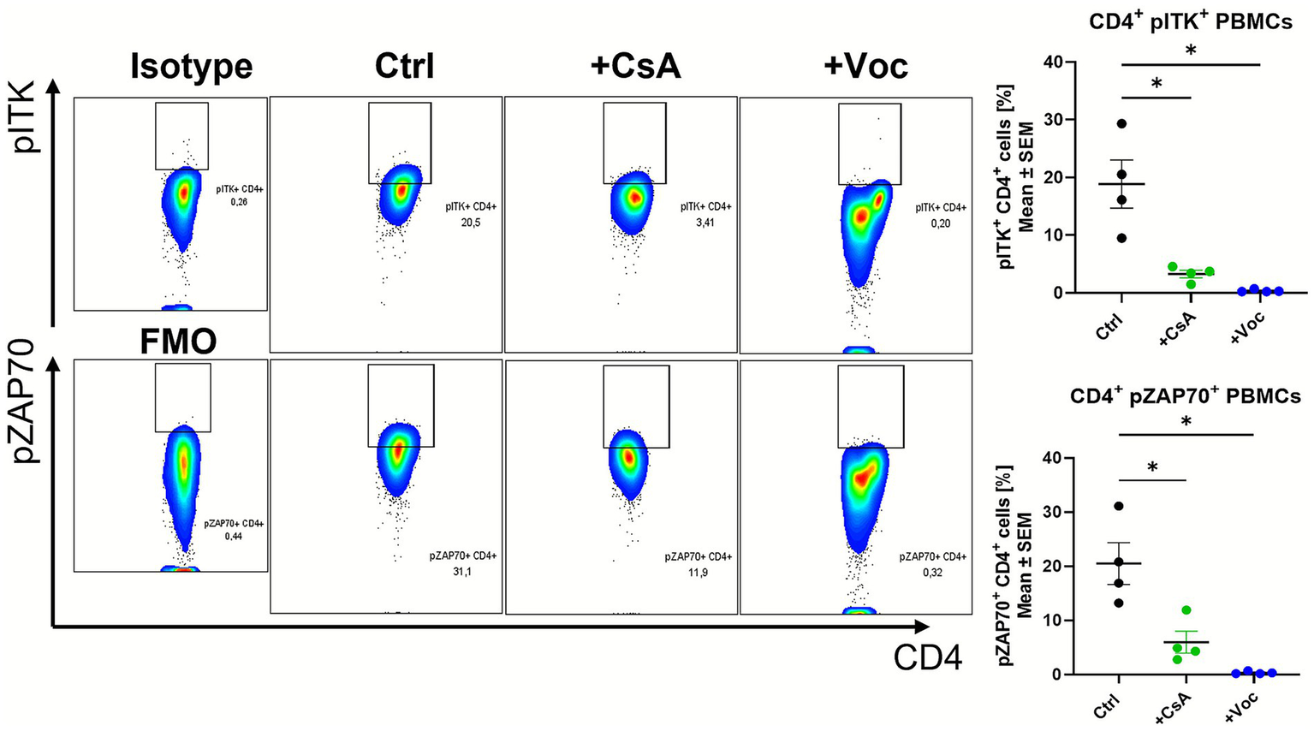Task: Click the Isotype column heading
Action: (x=191, y=66)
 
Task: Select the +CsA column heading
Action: (x=635, y=66)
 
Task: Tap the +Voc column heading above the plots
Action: (x=865, y=66)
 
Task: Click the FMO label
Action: (x=178, y=342)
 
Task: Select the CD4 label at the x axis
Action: (x=928, y=657)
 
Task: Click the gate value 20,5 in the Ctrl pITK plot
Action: (x=470, y=223)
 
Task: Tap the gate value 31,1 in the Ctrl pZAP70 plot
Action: (x=462, y=571)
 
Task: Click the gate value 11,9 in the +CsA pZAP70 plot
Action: (x=698, y=571)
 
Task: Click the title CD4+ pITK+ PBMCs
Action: (x=1190, y=22)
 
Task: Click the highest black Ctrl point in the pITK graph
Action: (x=1121, y=123)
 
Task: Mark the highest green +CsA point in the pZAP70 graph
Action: (x=1186, y=610)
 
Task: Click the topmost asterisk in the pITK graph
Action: (x=1191, y=51)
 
